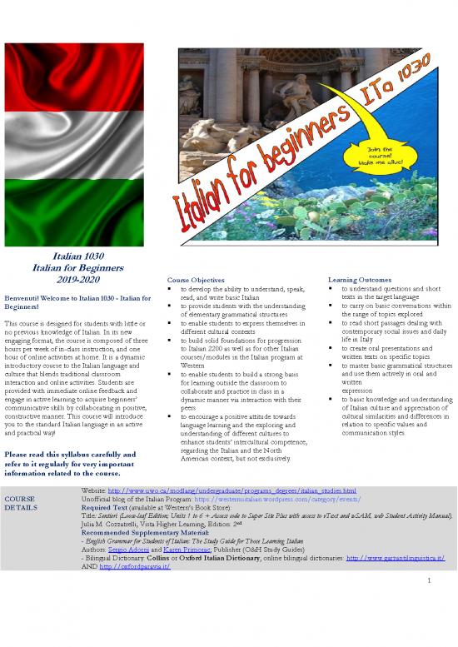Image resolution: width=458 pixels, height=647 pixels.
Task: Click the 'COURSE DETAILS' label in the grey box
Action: [20, 504]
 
